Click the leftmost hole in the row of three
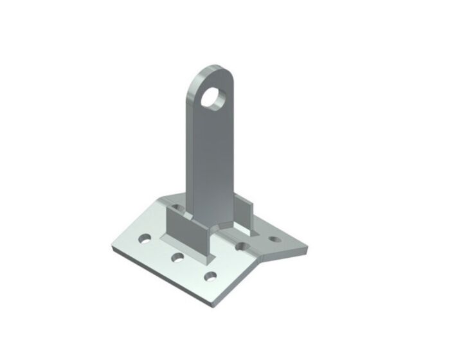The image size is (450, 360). pos(145,239)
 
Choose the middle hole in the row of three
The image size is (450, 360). pos(176,258)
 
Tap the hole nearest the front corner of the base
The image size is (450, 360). pos(209,277)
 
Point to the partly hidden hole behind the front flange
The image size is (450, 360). pos(174,207)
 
